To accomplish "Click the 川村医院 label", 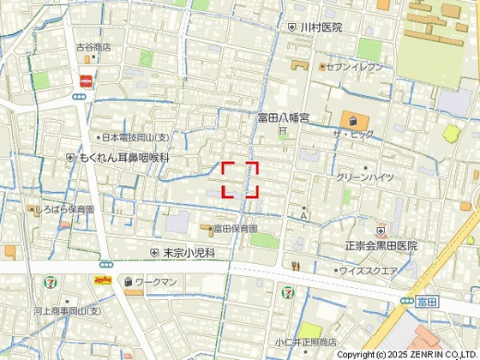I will pyautogui.click(x=321, y=27).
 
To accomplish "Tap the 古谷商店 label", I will pyautogui.click(x=93, y=47).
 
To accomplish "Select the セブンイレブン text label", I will pyautogui.click(x=354, y=66).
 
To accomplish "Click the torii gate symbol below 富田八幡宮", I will pyautogui.click(x=281, y=130).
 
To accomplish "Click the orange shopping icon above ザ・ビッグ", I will pyautogui.click(x=351, y=119).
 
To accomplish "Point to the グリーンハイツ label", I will pyautogui.click(x=365, y=177).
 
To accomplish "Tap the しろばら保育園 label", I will pyautogui.click(x=64, y=208).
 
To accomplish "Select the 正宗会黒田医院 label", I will pyautogui.click(x=381, y=245).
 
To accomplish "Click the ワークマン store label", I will pyautogui.click(x=155, y=281).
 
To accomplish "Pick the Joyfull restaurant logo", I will pyautogui.click(x=103, y=280).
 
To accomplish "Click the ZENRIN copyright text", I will pyautogui.click(x=407, y=354).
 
